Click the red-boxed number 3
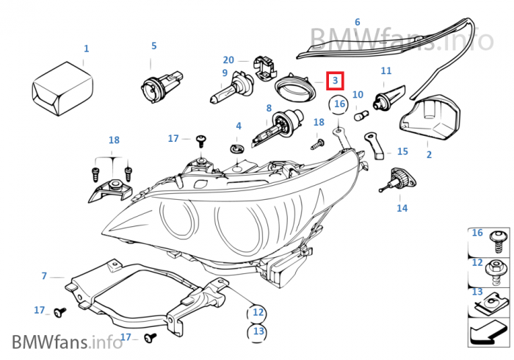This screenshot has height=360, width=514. [x=334, y=80]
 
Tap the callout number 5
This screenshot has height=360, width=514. [x=154, y=46]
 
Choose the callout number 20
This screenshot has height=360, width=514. [x=229, y=60]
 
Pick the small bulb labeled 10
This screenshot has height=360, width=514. [x=360, y=115]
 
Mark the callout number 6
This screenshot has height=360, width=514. [x=358, y=23]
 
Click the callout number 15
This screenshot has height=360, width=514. [x=402, y=151]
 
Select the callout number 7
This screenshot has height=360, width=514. [x=44, y=276]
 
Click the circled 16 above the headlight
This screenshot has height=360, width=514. [x=339, y=104]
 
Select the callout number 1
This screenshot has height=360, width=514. [x=86, y=48]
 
